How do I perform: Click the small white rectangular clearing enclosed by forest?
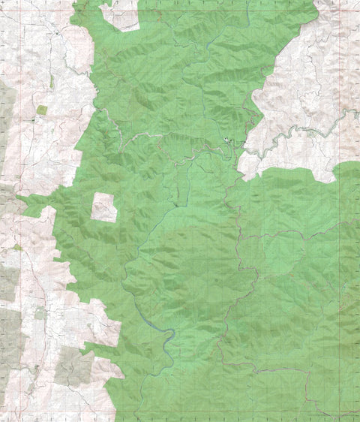[104, 207]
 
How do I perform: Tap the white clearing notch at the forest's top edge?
[124, 17]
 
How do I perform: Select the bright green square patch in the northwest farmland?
[41, 110]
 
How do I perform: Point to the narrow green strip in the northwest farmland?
[51, 82]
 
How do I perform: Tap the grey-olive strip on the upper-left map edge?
[6, 113]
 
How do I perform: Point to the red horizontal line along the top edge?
[225, 11]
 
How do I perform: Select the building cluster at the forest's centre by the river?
[227, 143]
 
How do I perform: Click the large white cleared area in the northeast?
[300, 83]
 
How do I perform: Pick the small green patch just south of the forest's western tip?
[16, 247]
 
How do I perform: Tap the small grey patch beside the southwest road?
[39, 315]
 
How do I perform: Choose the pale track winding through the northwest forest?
[112, 124]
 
